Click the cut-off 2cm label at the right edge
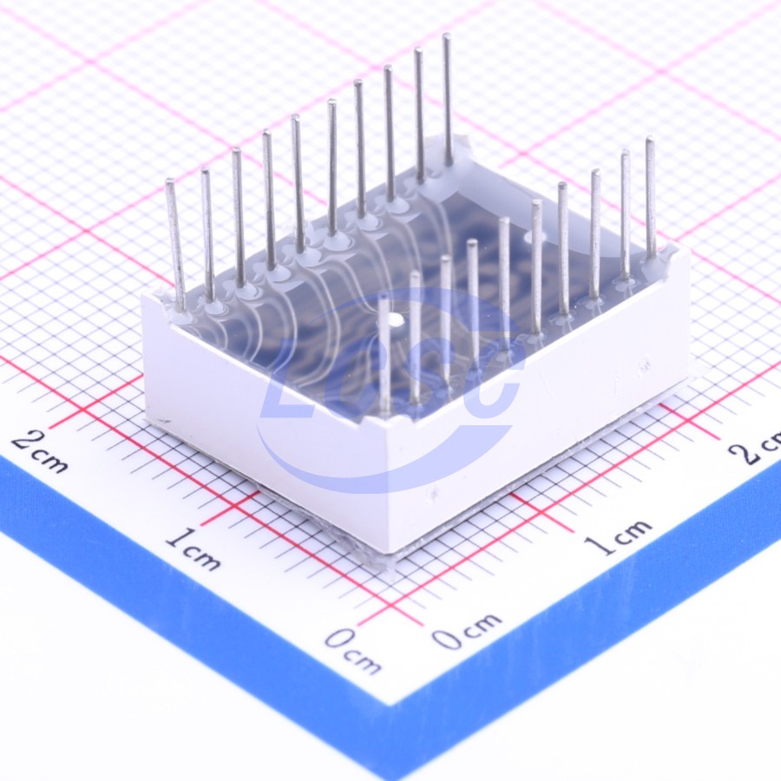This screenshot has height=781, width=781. [755, 446]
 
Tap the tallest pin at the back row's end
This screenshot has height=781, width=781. [447, 100]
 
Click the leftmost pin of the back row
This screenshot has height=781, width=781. [176, 244]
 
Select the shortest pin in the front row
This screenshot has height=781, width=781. [384, 355]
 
